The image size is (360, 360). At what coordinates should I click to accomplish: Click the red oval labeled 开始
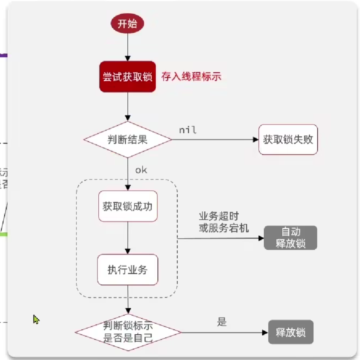tap(127, 23)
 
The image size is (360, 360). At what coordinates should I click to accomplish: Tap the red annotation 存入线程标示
tap(191, 76)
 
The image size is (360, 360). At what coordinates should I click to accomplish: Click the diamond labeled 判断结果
tap(127, 140)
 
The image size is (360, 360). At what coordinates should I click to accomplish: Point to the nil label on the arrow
tap(188, 130)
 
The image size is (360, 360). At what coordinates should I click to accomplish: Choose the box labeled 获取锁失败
tap(288, 140)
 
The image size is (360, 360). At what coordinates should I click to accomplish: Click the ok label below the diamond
tap(141, 170)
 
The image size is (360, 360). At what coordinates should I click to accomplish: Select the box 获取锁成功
tap(127, 206)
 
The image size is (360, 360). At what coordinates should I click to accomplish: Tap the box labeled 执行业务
tap(127, 269)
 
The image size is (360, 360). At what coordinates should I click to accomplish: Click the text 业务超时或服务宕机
tap(224, 222)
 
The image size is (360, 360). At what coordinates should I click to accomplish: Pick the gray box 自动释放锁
tap(290, 238)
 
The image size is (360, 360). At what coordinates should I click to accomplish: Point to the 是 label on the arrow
tap(222, 322)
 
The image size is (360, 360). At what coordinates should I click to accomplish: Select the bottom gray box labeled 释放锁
tap(290, 333)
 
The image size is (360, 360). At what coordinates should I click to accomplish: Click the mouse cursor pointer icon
tap(36, 320)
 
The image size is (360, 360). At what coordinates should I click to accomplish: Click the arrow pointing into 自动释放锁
tap(220, 238)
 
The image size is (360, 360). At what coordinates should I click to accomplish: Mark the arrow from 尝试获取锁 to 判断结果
tap(127, 107)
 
